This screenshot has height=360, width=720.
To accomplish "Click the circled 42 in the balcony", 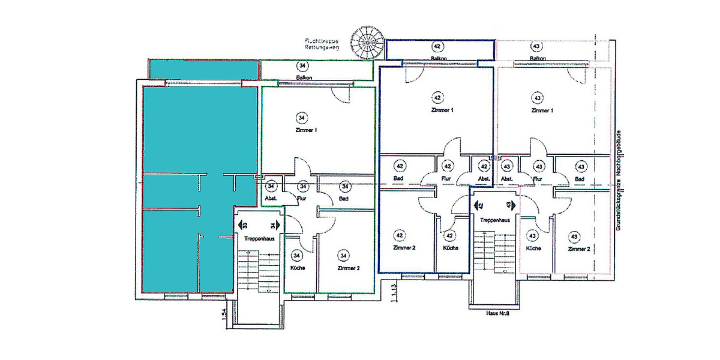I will click(437, 46).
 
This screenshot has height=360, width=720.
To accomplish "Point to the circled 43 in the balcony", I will click(536, 46).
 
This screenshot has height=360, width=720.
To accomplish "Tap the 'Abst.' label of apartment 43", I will click(507, 179).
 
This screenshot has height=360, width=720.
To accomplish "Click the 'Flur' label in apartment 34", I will click(303, 199).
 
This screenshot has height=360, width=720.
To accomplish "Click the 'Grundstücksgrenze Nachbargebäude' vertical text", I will click(619, 180).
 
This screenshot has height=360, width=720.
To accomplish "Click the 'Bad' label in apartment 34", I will click(344, 199).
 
